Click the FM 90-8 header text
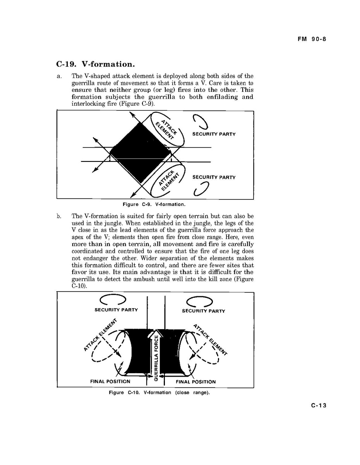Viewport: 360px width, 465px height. (312, 39)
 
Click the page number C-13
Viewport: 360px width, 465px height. (319, 405)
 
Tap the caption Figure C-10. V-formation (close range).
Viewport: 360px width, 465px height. (159, 393)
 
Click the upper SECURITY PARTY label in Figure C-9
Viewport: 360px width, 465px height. (214, 134)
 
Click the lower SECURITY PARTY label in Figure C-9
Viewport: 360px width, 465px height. (214, 177)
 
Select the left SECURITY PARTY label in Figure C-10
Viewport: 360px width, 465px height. (116, 310)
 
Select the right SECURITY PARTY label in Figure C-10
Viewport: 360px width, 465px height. (203, 311)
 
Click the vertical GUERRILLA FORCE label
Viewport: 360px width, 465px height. (156, 358)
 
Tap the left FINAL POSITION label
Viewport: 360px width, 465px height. (110, 381)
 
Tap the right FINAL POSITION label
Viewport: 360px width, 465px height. (195, 382)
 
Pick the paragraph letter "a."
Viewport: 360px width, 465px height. (59, 76)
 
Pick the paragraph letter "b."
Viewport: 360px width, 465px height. (59, 216)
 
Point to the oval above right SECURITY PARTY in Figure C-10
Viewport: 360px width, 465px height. (199, 301)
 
